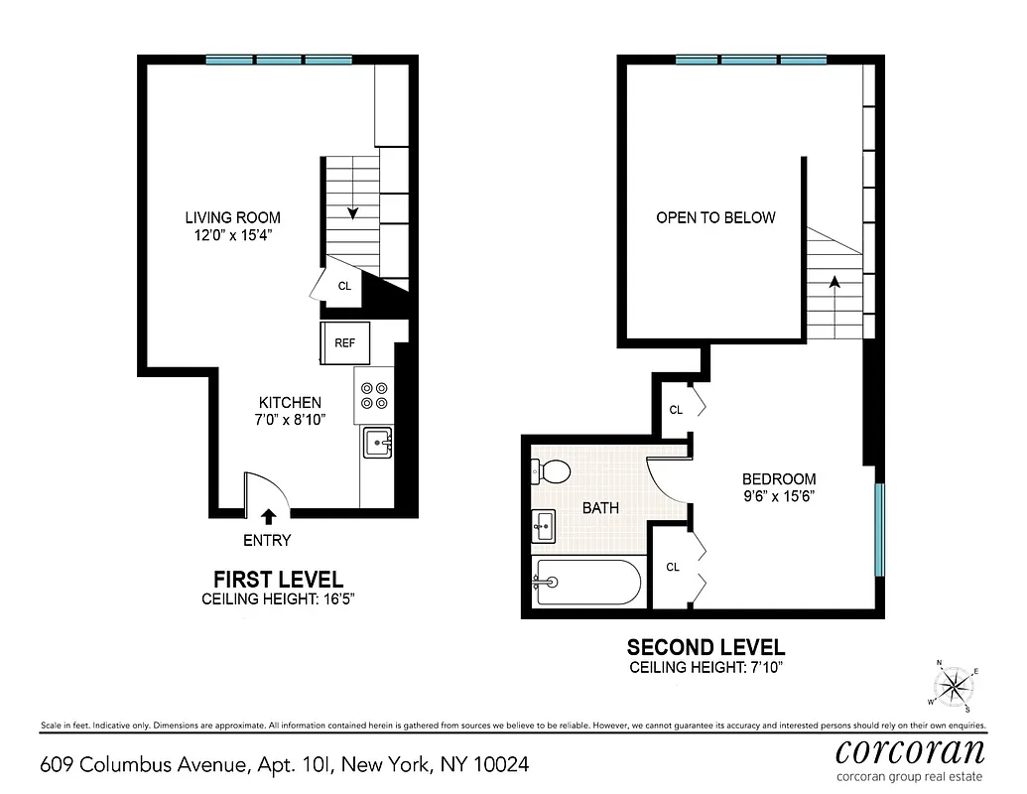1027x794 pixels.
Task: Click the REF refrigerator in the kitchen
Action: [344, 343]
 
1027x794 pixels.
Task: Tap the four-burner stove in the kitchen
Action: [375, 396]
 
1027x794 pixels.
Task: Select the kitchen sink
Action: [377, 443]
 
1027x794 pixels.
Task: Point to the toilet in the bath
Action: [552, 471]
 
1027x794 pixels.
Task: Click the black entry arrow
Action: [268, 516]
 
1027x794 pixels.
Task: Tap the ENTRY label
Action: [267, 541]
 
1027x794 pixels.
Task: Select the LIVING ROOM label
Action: [232, 218]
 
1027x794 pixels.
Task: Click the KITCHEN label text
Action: [290, 403]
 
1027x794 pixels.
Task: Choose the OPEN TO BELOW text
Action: [715, 217]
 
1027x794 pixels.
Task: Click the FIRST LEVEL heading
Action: [279, 580]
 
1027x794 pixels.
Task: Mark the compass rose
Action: [955, 684]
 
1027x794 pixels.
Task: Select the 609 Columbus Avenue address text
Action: [284, 764]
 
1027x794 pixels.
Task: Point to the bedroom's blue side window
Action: [878, 529]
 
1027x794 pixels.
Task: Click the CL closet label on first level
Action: [344, 286]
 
